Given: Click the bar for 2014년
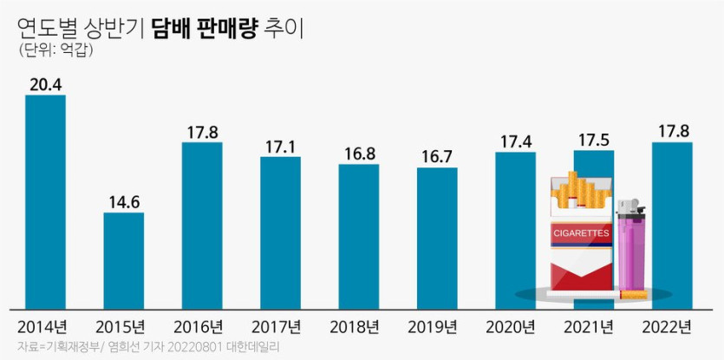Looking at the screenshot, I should pos(45,201).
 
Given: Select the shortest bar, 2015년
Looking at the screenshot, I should pos(123,260).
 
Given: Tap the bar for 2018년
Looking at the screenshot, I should pos(358,236).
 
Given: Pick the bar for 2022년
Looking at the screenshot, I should pos(671,226).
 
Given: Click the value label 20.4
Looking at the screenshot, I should pos(45,83).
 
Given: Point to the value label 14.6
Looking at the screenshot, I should pos(123,200).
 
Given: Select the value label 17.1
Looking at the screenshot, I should pos(280,146).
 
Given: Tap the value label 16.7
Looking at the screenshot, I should pos(437,155).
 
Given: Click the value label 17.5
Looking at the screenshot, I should pos(593,139).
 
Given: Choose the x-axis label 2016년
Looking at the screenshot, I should pos(202,328).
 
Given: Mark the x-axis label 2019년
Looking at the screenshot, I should pos(437,328).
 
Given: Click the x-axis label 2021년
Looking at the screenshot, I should pos(593,328).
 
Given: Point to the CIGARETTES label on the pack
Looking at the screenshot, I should pos(582,233).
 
